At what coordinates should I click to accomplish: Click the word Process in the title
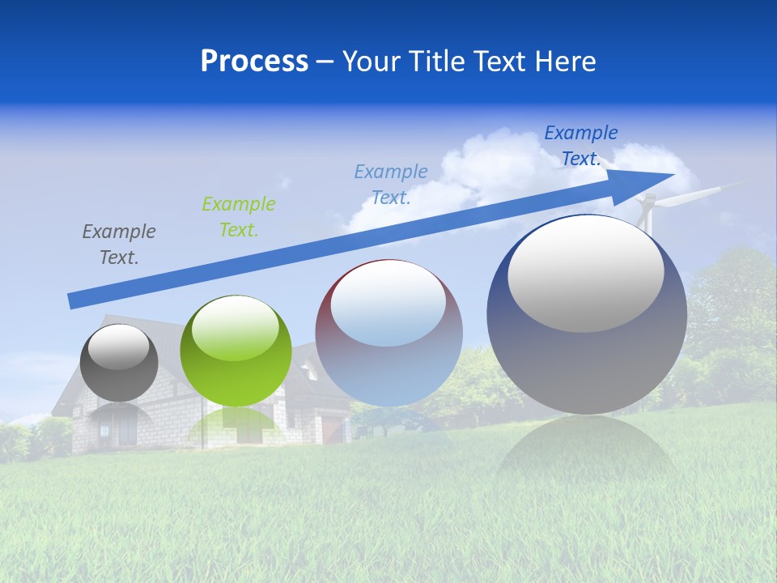click(x=254, y=62)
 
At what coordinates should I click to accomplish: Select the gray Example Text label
click(x=118, y=244)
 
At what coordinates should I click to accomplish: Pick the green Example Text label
click(x=238, y=216)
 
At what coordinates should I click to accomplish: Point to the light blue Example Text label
click(x=391, y=184)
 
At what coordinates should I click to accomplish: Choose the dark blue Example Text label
click(x=580, y=145)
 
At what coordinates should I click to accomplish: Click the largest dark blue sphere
click(x=587, y=356)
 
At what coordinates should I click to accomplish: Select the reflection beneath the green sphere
click(x=236, y=425)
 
